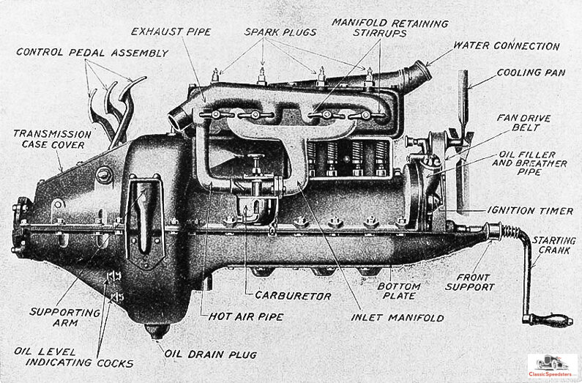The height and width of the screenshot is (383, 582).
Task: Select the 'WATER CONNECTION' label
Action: (x=507, y=46)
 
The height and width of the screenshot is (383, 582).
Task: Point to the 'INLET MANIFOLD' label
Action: (x=397, y=318)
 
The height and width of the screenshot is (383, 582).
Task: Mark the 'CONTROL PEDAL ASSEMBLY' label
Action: (x=92, y=53)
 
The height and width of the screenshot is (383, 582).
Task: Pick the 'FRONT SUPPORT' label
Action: (x=476, y=283)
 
